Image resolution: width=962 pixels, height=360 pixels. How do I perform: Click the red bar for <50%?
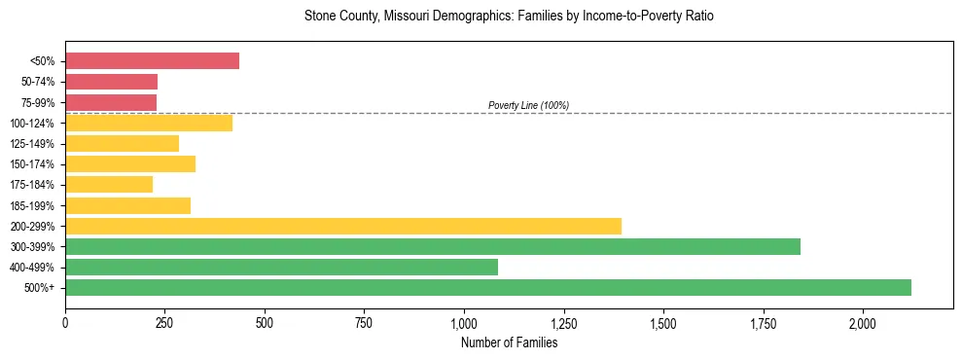152,61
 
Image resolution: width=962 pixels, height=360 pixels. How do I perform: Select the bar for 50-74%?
111,82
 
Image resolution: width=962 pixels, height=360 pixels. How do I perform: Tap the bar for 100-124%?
149,123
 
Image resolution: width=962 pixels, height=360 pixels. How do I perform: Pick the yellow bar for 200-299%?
343,226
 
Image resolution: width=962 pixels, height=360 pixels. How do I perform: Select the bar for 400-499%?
281,267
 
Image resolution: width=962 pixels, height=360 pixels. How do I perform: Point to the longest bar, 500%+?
488,287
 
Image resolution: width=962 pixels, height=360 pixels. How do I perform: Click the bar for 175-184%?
109,185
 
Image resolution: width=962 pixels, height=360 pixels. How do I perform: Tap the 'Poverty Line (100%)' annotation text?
528,105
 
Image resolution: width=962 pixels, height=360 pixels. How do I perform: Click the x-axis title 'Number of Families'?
509,342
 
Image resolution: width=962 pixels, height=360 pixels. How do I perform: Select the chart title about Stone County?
509,17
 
